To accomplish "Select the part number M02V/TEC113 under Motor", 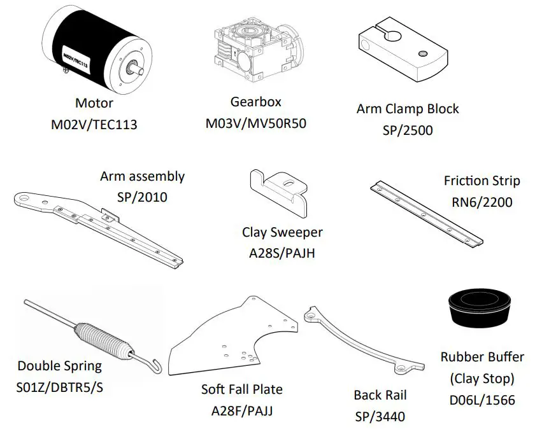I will (94, 125).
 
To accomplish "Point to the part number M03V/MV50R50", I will (255, 123).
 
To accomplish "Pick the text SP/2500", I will (407, 130).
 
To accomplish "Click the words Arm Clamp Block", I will (407, 109).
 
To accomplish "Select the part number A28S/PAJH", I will (282, 253).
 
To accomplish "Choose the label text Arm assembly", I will (142, 176).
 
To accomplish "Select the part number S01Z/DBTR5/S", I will (60, 387).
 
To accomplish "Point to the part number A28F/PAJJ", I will (242, 410).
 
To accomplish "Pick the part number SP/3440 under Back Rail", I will (380, 417).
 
